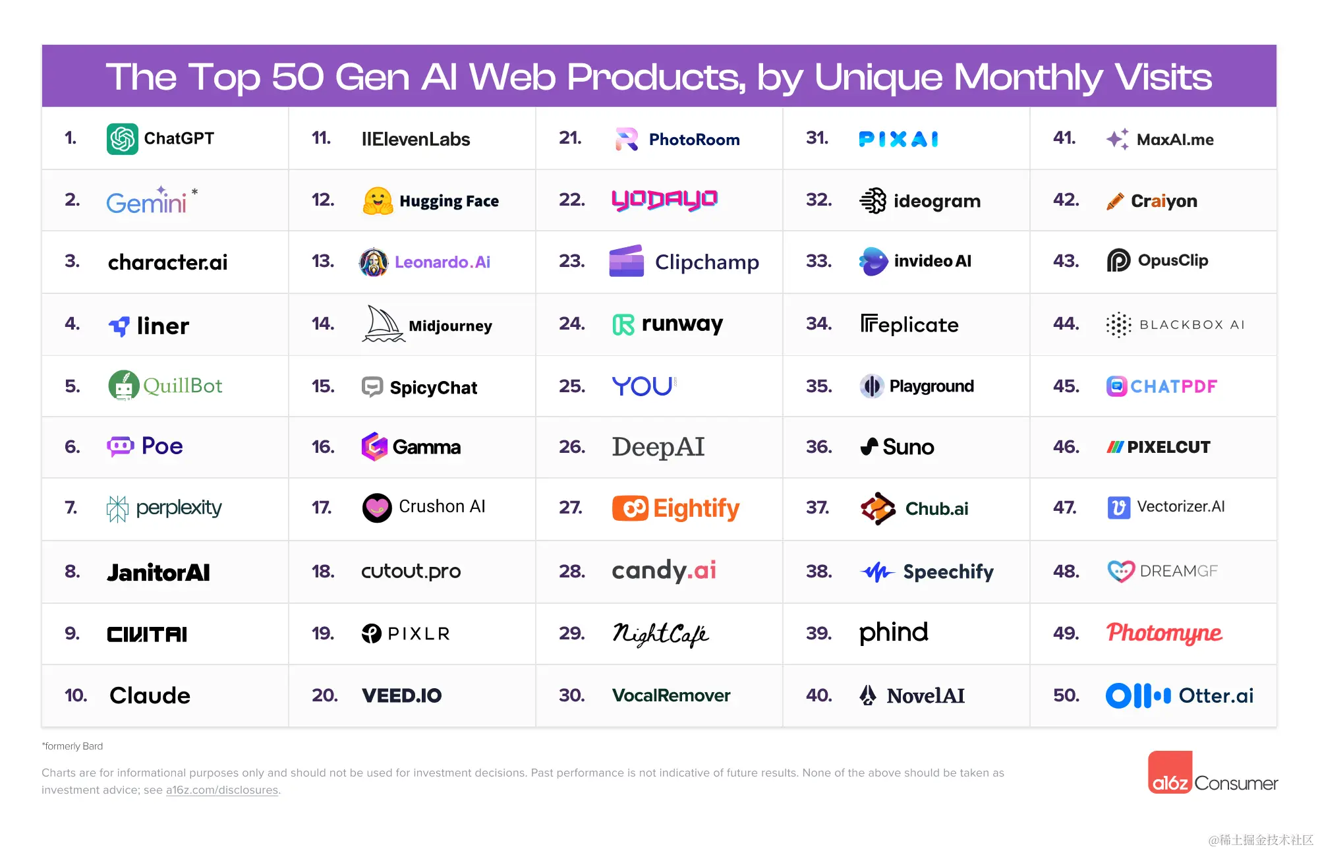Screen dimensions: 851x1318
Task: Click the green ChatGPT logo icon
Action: tap(123, 138)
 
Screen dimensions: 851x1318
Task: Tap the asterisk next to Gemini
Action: tap(194, 192)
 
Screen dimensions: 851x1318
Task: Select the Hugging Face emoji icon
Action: tap(378, 200)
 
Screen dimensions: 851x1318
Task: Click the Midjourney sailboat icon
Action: tap(383, 324)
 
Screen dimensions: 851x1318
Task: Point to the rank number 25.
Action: tap(572, 386)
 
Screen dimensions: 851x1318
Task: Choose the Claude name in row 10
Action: tap(150, 695)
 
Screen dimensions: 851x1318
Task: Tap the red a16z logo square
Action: tap(1170, 772)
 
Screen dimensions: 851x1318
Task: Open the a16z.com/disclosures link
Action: tap(221, 790)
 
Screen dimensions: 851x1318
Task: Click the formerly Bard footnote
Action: tap(72, 746)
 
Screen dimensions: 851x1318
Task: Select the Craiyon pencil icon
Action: tap(1115, 201)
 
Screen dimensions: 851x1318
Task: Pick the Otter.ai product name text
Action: tap(1216, 695)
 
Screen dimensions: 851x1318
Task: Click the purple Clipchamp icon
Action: tap(627, 261)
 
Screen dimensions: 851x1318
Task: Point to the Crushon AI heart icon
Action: tap(377, 508)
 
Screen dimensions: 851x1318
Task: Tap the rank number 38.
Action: tap(819, 571)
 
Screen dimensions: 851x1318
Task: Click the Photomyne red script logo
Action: tap(1164, 633)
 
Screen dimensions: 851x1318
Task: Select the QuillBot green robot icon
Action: tap(123, 386)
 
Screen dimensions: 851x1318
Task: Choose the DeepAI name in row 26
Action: tap(658, 447)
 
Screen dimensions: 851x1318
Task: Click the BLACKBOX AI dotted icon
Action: tap(1118, 324)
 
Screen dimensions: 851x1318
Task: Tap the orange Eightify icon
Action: tap(630, 508)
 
